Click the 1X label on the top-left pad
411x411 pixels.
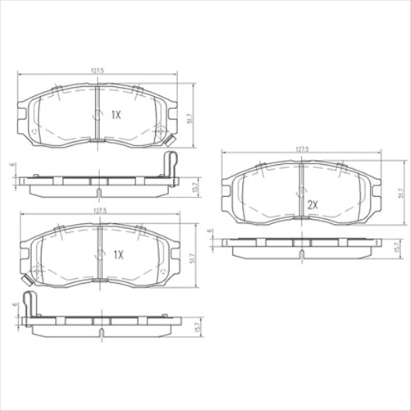coord(116,116)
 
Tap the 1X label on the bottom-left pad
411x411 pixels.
coord(117,254)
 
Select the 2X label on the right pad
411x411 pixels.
coord(313,203)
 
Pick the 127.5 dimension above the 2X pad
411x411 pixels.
coord(301,148)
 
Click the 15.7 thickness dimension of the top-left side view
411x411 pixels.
coord(194,186)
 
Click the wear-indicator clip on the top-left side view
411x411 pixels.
coord(171,163)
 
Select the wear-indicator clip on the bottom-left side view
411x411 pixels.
coord(30,304)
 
